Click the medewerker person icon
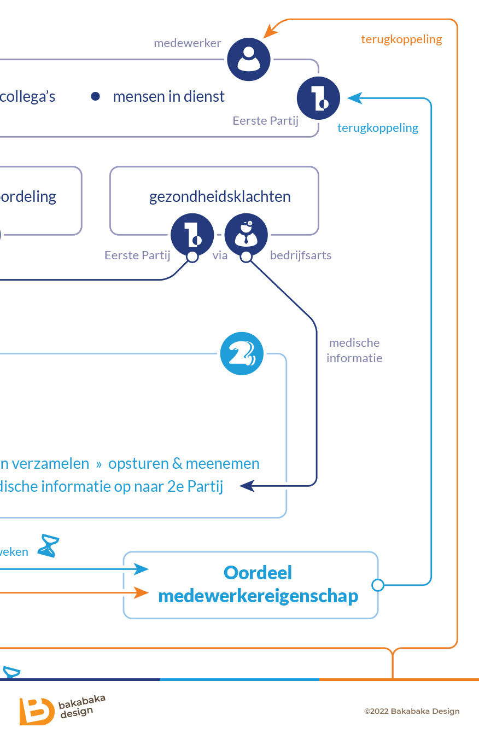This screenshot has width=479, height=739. tap(249, 59)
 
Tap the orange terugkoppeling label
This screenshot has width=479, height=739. tap(401, 39)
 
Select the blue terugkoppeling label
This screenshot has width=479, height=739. tap(377, 128)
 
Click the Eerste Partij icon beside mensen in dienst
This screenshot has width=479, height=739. tap(318, 98)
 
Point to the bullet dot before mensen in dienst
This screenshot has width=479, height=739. tap(95, 97)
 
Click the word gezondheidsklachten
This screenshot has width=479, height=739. tap(220, 197)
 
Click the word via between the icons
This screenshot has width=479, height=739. tap(220, 255)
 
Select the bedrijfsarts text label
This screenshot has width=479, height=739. tap(301, 255)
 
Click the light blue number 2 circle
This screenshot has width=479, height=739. tap(242, 354)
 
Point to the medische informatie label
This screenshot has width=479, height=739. tap(354, 350)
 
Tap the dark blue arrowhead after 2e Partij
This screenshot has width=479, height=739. tap(247, 485)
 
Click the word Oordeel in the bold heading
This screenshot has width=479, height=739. tap(258, 573)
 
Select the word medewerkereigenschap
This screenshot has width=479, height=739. tap(258, 596)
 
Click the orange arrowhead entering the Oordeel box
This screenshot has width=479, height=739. tap(142, 592)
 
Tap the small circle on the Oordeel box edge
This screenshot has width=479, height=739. tap(377, 585)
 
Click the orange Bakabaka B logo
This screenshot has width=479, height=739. tap(36, 711)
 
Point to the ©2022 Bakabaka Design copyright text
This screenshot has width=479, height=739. tap(412, 712)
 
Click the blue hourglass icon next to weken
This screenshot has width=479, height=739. tap(48, 546)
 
